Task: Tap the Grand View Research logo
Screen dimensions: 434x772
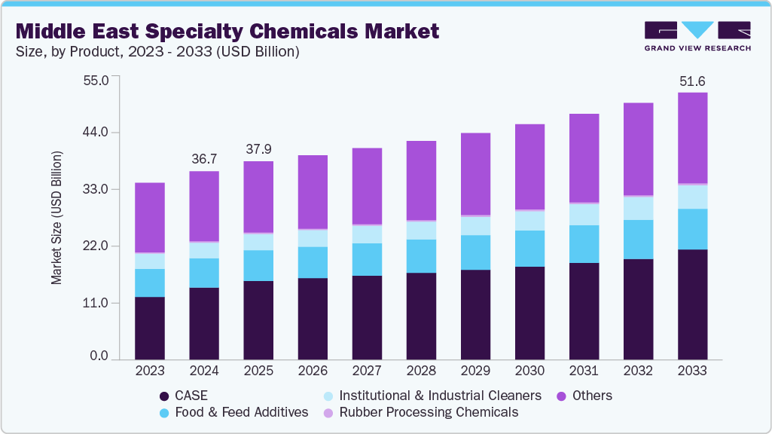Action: pyautogui.click(x=697, y=35)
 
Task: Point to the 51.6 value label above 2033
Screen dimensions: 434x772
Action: pyautogui.click(x=692, y=81)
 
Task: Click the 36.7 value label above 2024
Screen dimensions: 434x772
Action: pyautogui.click(x=204, y=159)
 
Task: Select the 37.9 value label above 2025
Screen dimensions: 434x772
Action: pyautogui.click(x=258, y=149)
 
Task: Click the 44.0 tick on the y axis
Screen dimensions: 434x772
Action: pyautogui.click(x=95, y=133)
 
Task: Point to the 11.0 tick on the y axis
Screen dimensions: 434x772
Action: pyautogui.click(x=95, y=303)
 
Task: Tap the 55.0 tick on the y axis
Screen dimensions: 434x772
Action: pyautogui.click(x=95, y=79)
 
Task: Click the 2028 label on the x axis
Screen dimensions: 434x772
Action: pyautogui.click(x=421, y=371)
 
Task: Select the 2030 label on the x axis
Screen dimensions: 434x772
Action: pyautogui.click(x=529, y=371)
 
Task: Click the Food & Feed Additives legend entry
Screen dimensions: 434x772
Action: pyautogui.click(x=233, y=412)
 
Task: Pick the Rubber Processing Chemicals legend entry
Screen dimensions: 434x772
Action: pyautogui.click(x=420, y=412)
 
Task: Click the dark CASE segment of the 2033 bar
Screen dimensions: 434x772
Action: pyautogui.click(x=692, y=304)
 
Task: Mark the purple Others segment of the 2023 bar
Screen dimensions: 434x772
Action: pyautogui.click(x=150, y=217)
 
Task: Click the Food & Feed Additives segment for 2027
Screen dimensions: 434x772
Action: pyautogui.click(x=367, y=259)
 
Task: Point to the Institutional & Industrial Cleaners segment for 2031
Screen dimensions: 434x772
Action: pyautogui.click(x=584, y=215)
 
